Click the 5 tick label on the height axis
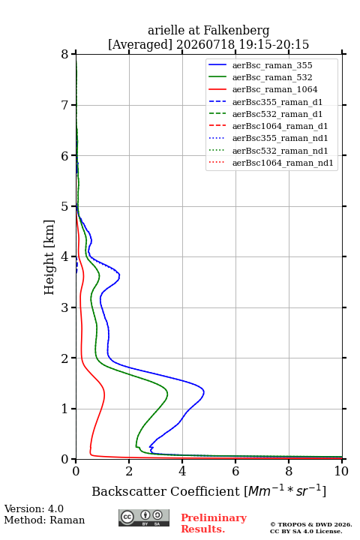(x=65, y=206)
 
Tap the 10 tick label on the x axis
(x=341, y=471)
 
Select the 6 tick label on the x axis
(x=235, y=471)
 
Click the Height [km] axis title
(x=49, y=257)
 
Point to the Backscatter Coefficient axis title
(x=208, y=491)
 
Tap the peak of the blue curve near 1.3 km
(x=204, y=392)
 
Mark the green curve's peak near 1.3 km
(x=167, y=393)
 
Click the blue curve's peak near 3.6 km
(x=119, y=275)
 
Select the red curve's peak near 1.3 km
(x=104, y=393)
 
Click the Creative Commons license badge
(x=144, y=517)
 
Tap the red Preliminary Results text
(x=214, y=523)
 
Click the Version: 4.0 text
(x=34, y=508)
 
